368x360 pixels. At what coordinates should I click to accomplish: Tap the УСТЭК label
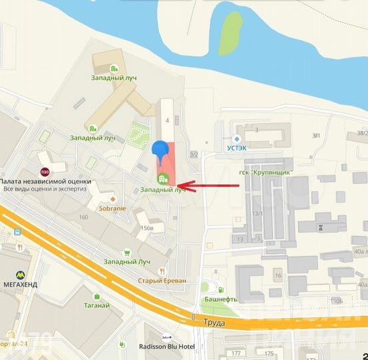(237, 149)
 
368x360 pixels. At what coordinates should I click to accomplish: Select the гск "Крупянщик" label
(269, 173)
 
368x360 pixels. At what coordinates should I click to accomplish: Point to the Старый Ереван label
(162, 281)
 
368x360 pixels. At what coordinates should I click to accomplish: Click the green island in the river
(230, 33)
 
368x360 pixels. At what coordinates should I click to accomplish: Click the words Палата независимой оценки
(45, 181)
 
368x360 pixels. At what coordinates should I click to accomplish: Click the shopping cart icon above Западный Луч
(126, 252)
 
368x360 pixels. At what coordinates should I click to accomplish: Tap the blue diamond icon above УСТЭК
(237, 139)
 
